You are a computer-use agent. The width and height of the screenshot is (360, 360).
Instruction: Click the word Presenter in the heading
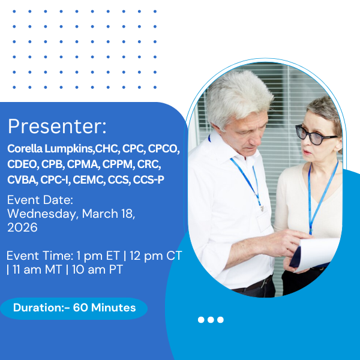coord(57,126)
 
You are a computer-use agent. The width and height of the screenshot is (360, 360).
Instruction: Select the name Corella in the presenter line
coord(25,148)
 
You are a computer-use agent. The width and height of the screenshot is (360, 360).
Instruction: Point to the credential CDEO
coord(22,164)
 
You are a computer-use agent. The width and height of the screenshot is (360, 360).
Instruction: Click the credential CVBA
coord(22,179)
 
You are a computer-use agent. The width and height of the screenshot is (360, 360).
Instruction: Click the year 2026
coord(22,227)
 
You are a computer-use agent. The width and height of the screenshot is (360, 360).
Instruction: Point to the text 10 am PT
coord(97,270)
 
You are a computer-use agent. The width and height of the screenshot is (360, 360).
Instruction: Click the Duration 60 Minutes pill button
coord(74,308)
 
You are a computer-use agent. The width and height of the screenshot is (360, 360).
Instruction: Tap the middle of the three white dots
coord(211,320)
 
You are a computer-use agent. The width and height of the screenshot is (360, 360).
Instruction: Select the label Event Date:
coord(40,200)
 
